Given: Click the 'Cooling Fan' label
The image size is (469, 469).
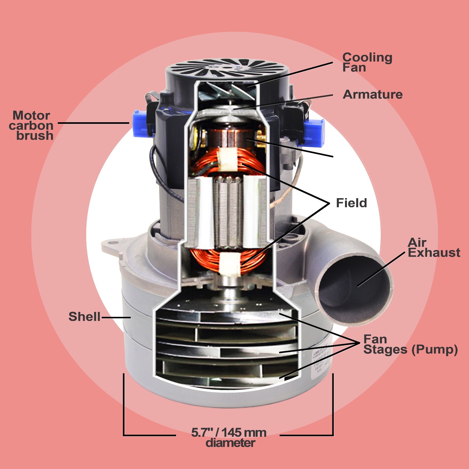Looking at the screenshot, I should (367, 62).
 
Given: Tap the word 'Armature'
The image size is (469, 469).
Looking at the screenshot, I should (373, 94).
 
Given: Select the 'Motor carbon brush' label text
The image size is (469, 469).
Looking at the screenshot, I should (31, 125).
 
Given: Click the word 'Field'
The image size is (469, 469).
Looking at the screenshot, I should (351, 203).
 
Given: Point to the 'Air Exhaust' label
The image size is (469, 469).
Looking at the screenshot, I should (434, 248).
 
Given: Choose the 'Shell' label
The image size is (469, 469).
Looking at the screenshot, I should (84, 317).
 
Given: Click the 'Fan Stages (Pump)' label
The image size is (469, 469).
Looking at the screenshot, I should (410, 344).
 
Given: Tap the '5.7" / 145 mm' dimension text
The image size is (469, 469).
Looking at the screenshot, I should (229, 432).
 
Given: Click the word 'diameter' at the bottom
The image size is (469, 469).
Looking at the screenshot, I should (230, 443).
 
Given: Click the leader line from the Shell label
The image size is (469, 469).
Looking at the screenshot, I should (116, 317).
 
